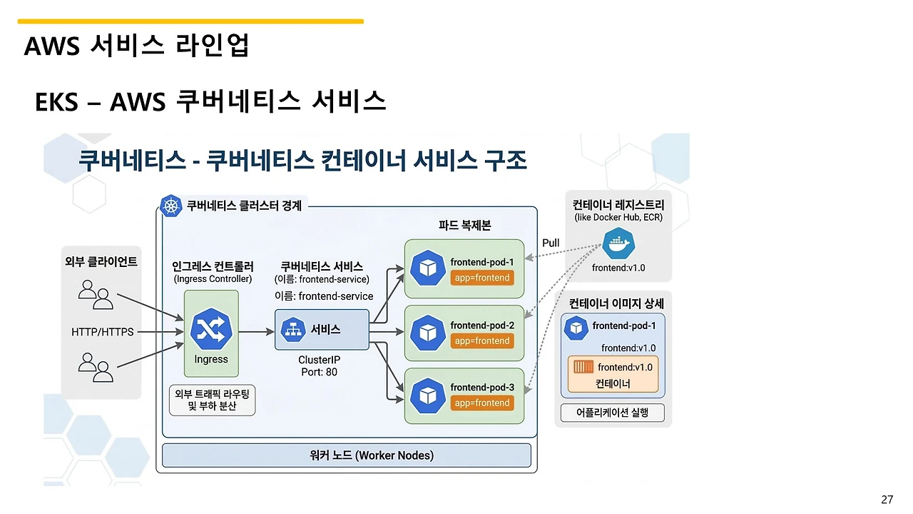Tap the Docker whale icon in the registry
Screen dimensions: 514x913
pyautogui.click(x=618, y=245)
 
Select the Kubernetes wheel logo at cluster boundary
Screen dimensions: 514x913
pyautogui.click(x=170, y=206)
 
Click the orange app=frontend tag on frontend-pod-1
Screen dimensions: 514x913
pyautogui.click(x=482, y=278)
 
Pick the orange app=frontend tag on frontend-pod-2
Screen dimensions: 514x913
pyautogui.click(x=482, y=341)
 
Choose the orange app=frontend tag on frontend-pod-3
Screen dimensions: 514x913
pyautogui.click(x=482, y=403)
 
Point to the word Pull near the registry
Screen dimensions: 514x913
pyautogui.click(x=551, y=243)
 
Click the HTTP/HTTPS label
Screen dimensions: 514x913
pyautogui.click(x=103, y=332)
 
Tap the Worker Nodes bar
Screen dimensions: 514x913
pyautogui.click(x=347, y=455)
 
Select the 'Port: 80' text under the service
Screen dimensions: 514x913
pyautogui.click(x=318, y=372)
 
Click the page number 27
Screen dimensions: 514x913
pyautogui.click(x=887, y=499)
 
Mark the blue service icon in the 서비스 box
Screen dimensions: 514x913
pyautogui.click(x=292, y=330)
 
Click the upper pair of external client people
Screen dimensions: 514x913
pyautogui.click(x=96, y=294)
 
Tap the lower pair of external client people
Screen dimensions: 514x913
pyautogui.click(x=96, y=369)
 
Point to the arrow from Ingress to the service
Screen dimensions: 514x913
pyautogui.click(x=256, y=332)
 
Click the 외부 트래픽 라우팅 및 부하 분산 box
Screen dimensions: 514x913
pyautogui.click(x=212, y=400)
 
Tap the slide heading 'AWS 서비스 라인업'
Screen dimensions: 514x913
pyautogui.click(x=136, y=46)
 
